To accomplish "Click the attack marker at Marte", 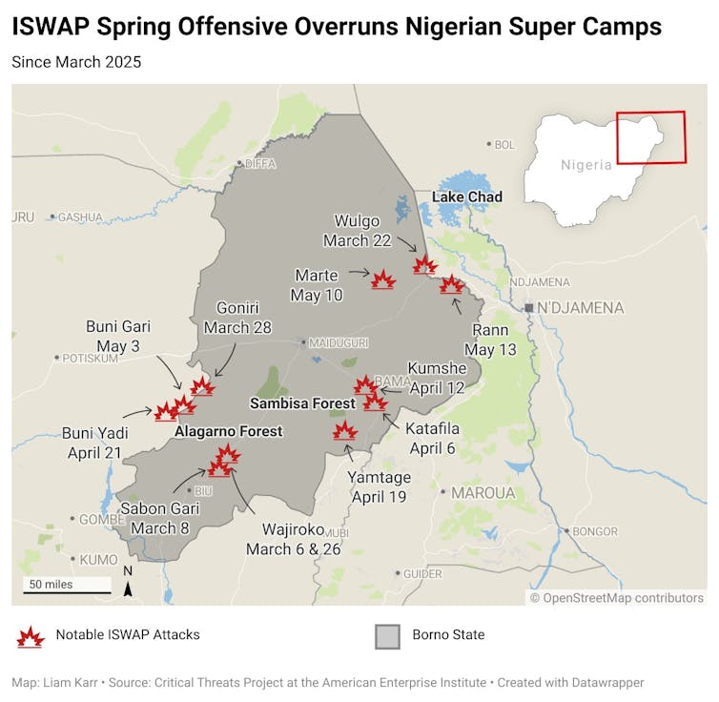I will click(383, 280).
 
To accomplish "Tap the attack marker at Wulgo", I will click(424, 265).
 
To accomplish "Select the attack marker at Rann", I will click(452, 284).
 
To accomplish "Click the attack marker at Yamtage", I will click(345, 431).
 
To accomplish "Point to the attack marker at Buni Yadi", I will click(167, 412).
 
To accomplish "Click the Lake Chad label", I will click(467, 197).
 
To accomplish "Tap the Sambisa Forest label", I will click(302, 403).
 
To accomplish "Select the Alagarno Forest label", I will click(229, 431).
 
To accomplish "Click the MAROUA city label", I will click(483, 493).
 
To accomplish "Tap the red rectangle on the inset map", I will click(651, 137).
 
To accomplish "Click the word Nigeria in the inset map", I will click(586, 164).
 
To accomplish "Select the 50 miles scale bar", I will click(67, 591).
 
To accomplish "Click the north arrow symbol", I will click(129, 589).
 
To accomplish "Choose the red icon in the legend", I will click(31, 635).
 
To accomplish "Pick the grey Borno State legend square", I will click(387, 635).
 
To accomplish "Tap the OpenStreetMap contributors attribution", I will click(617, 598).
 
